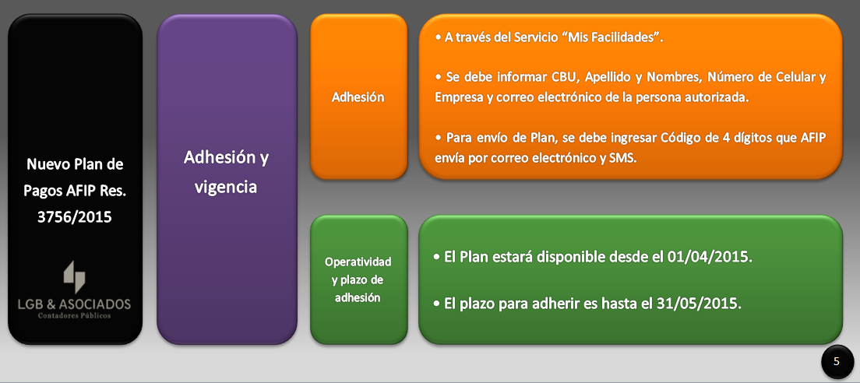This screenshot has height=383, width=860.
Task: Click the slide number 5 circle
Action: point(837,362)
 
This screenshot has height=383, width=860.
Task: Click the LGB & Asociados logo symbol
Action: point(75,277)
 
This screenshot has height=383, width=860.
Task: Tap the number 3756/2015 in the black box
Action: point(75,217)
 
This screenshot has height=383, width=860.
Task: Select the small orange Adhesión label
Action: point(358,97)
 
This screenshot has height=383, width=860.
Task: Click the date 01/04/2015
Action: point(710,256)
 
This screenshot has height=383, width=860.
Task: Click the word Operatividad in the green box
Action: point(358,262)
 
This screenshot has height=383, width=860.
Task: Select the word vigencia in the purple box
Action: point(226,188)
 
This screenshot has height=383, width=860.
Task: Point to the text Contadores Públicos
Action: point(74,315)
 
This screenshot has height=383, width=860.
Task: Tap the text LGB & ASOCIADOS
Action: point(74,304)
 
